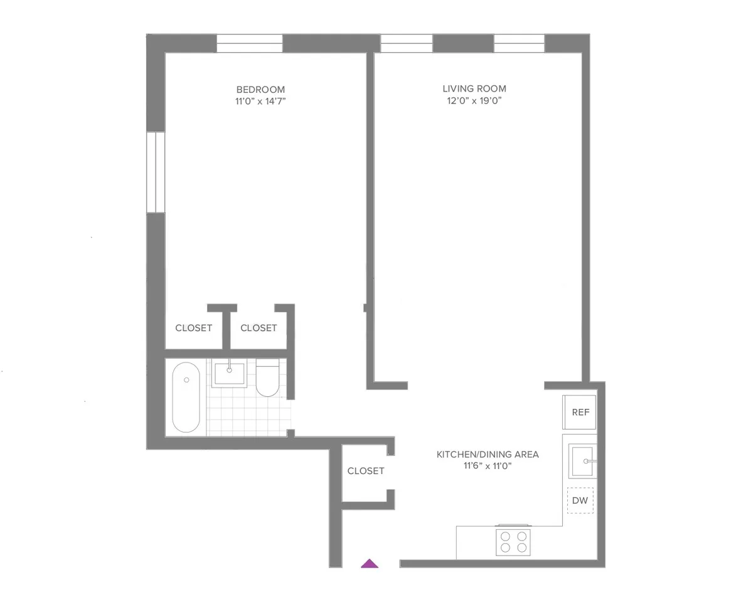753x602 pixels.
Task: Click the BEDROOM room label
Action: point(260,89)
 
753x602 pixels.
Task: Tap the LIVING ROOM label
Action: point(474,88)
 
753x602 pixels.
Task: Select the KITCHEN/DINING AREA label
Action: point(488,454)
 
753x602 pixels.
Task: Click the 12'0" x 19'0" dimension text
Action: point(474,100)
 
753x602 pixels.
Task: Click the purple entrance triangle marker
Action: point(370,563)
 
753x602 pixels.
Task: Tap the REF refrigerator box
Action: point(580,413)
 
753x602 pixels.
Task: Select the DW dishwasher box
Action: point(580,500)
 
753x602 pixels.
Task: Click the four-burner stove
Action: point(513,541)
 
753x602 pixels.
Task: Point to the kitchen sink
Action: point(583,461)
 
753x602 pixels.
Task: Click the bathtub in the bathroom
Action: point(186,398)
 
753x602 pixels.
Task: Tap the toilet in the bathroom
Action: point(268,378)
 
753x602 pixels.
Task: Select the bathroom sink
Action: point(230,373)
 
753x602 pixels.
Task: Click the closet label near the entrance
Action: point(365,471)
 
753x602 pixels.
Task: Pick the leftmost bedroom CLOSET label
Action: point(193,328)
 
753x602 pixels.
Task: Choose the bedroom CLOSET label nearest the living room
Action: point(259,328)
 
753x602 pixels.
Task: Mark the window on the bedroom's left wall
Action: point(155,172)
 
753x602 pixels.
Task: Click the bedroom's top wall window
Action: point(250,43)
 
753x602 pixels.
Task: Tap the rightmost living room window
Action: point(519,43)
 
